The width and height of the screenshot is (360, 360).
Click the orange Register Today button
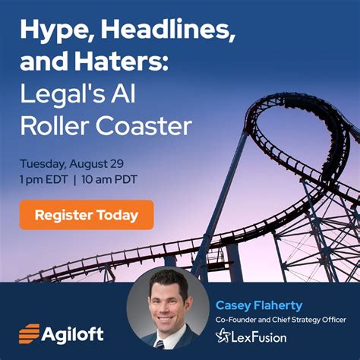(x=86, y=215)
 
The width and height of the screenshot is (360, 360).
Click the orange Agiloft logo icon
(x=30, y=333)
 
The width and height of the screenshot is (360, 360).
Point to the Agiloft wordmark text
(x=73, y=333)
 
